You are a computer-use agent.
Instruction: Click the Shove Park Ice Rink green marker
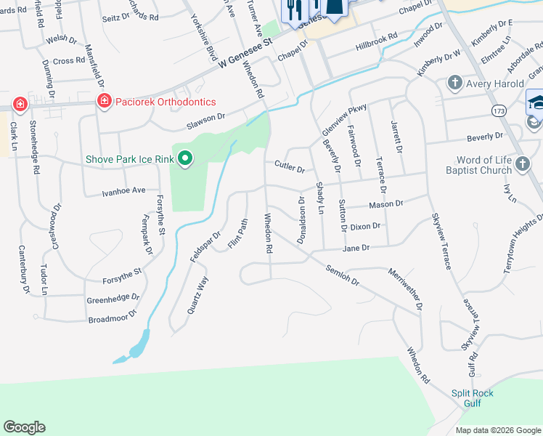(185, 158)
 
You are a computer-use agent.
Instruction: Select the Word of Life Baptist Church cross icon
(523, 165)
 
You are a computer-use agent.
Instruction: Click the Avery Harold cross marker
(455, 82)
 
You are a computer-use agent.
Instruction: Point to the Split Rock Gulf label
(472, 398)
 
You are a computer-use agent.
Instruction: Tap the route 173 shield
(499, 110)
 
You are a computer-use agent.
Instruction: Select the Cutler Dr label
(289, 167)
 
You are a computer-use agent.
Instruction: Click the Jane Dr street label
(356, 248)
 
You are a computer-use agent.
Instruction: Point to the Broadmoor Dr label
(112, 318)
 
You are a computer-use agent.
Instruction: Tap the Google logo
(24, 427)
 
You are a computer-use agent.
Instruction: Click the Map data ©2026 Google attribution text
(498, 430)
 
